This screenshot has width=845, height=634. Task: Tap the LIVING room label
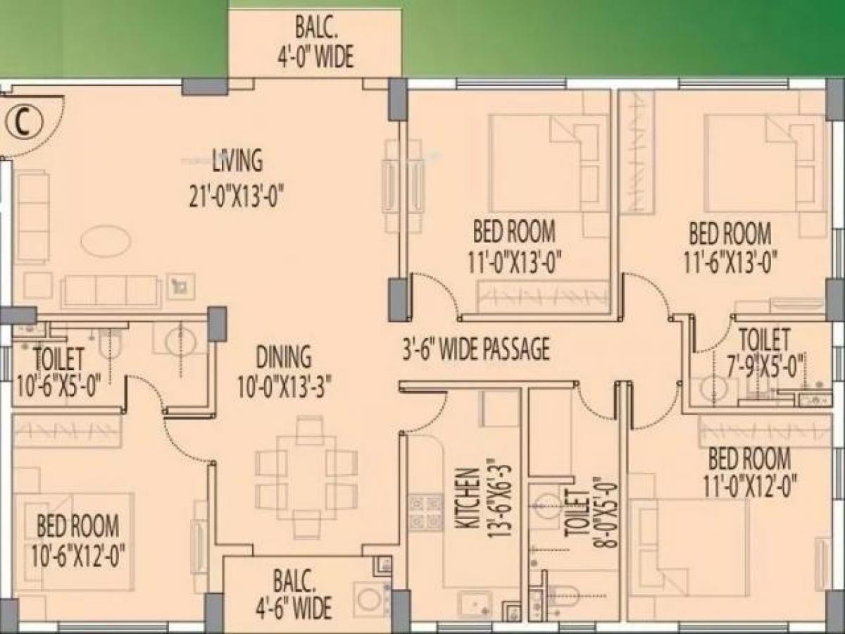click(x=237, y=161)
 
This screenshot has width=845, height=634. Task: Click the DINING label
click(x=284, y=358)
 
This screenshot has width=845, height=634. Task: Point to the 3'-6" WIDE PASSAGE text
click(x=476, y=349)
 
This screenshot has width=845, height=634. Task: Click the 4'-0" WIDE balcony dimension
click(x=315, y=57)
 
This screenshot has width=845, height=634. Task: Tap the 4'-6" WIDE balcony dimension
click(x=294, y=608)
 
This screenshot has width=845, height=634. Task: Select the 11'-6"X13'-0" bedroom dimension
click(x=730, y=262)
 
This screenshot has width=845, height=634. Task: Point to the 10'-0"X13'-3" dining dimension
click(x=284, y=387)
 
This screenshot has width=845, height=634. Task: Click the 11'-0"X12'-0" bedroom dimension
click(x=749, y=485)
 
